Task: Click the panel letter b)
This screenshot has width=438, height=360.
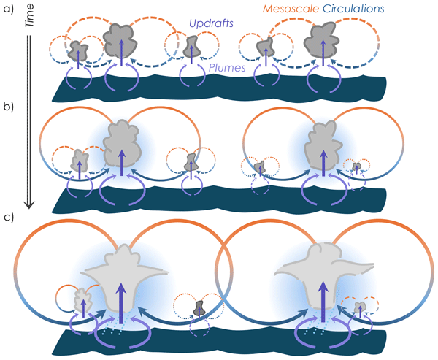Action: pos(9,107)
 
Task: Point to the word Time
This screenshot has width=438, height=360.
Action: pos(30,20)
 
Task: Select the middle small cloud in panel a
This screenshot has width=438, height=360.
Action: pos(191,46)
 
